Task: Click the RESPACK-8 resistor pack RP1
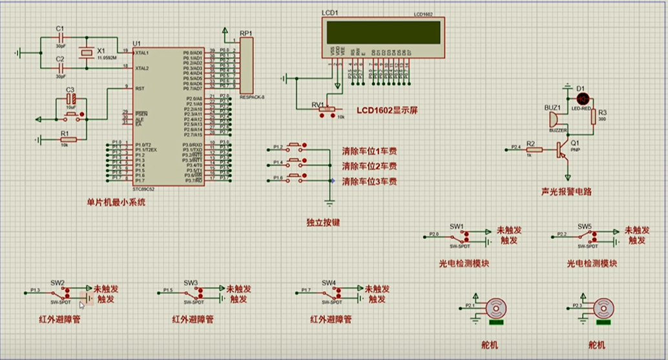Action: pyautogui.click(x=246, y=65)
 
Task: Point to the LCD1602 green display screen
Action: pyautogui.click(x=384, y=31)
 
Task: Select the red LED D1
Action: pyautogui.click(x=583, y=99)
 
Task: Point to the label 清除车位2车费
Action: pyautogui.click(x=369, y=167)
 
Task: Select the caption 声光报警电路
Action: pyautogui.click(x=568, y=192)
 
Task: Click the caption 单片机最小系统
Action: pyautogui.click(x=116, y=202)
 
